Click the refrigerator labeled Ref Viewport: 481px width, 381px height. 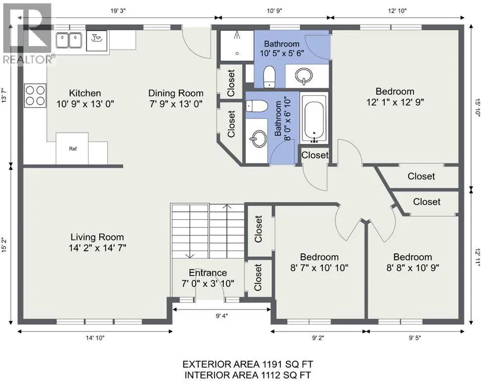tap(72, 149)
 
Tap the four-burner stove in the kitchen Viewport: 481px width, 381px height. tap(35, 96)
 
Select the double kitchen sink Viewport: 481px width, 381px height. tap(69, 41)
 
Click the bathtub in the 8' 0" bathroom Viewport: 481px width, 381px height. tap(314, 118)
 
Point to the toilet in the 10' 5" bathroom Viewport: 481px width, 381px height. tap(269, 76)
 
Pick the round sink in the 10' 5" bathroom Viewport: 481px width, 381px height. tap(304, 76)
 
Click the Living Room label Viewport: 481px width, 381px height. tap(97, 237)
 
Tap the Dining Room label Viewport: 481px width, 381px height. tap(176, 93)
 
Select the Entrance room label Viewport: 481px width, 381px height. tap(208, 273)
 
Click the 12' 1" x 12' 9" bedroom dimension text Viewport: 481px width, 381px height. tap(395, 102)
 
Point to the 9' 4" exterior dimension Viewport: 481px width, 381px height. tap(222, 316)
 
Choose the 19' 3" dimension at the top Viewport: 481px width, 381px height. tap(118, 11)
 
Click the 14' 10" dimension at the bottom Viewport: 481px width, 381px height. tap(95, 338)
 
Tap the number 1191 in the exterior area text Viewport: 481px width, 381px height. tap(271, 365)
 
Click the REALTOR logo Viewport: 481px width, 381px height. tap(28, 33)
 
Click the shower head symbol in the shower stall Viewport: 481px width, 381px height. tap(237, 35)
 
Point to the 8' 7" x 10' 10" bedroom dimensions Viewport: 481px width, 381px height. tap(320, 268)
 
